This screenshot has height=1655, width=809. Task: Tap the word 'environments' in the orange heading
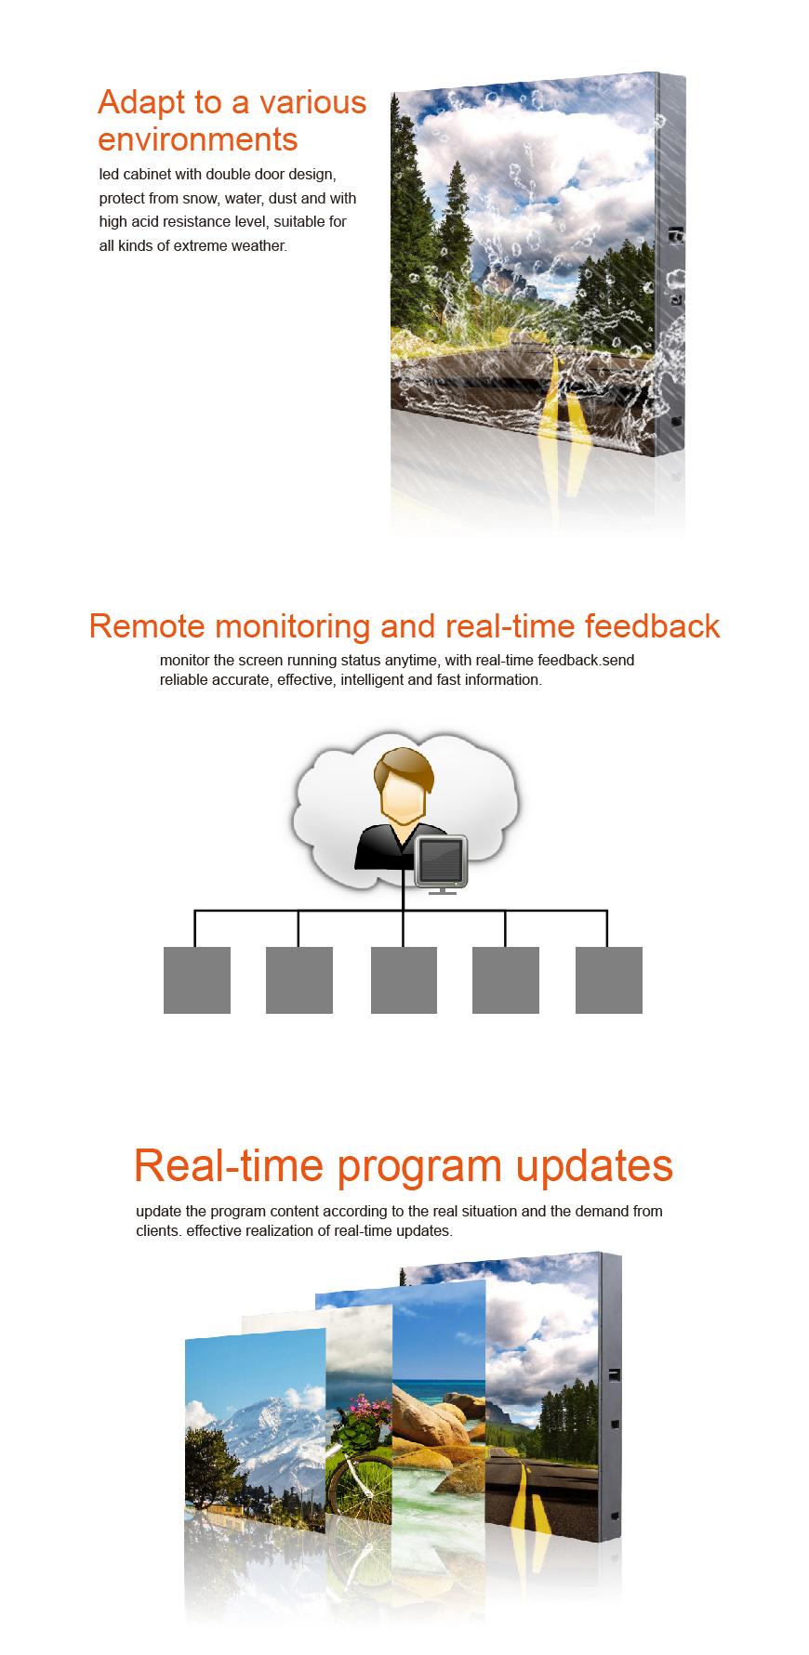197,139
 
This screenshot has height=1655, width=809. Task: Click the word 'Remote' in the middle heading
147,626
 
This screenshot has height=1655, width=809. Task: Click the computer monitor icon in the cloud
442,863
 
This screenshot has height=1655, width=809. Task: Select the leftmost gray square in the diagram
197,980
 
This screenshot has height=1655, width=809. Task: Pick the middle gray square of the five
404,980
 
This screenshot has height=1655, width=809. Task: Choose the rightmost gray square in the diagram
609,980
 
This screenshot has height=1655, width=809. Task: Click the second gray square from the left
299,980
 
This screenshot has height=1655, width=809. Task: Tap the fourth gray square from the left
506,980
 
